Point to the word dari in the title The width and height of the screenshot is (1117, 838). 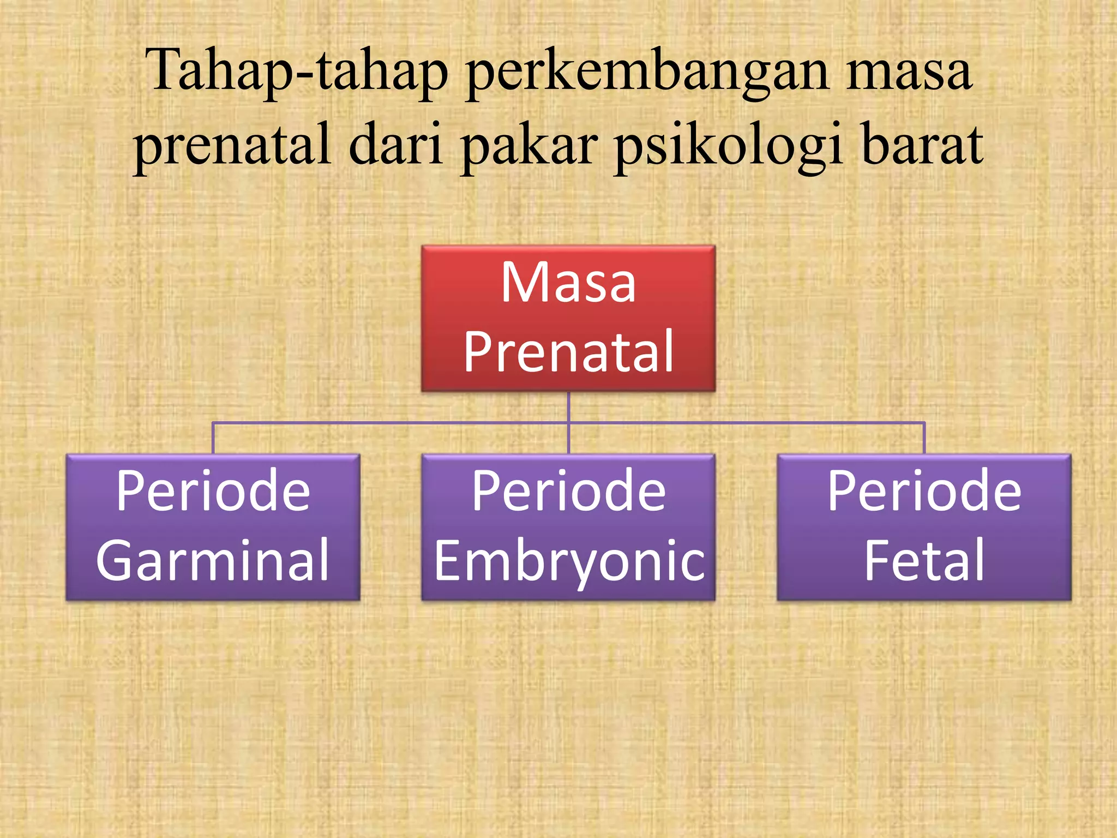coord(395,145)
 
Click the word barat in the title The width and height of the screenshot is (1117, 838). coord(922,145)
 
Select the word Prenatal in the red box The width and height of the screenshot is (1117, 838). coord(568,352)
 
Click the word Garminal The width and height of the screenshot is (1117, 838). coord(213,561)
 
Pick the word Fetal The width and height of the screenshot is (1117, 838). coord(924,561)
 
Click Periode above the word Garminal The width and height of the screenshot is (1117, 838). coord(213,491)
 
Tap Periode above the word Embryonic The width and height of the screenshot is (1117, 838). coord(568,491)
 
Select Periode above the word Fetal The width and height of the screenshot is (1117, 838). coord(924,491)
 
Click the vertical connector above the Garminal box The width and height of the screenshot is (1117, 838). coord(213,438)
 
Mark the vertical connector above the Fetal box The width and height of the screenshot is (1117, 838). coord(924,438)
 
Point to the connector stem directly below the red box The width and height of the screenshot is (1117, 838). coord(568,406)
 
